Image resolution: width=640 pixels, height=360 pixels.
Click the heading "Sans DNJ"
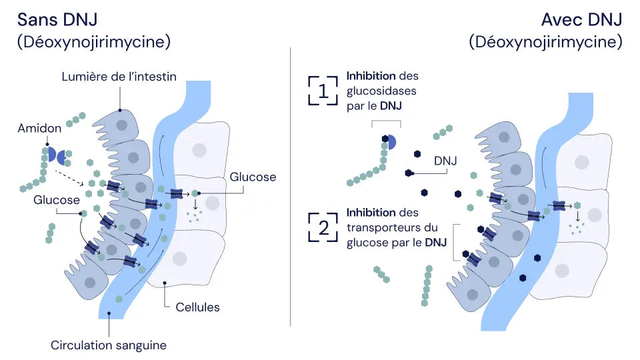(57, 19)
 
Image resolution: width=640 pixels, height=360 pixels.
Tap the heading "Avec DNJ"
(581, 19)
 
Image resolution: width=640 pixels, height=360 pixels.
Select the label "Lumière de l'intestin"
(119, 77)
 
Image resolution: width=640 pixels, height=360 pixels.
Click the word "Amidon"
(39, 128)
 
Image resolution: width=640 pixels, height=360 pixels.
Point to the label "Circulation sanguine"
(109, 345)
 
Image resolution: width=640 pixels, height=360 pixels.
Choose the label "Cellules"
(197, 307)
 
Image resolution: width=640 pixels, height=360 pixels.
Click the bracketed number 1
(323, 91)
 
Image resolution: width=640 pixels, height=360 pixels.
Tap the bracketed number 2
(323, 227)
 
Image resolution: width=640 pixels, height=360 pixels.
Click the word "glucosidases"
(381, 91)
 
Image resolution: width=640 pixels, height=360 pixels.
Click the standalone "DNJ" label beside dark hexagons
(445, 161)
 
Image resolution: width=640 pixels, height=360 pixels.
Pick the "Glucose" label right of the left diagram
(253, 177)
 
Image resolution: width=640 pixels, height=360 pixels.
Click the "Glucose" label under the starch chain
(57, 200)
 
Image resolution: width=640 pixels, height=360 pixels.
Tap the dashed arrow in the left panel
(69, 178)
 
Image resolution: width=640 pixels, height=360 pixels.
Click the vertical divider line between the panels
(290, 187)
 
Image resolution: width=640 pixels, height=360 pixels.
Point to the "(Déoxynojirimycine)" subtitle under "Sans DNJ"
(94, 42)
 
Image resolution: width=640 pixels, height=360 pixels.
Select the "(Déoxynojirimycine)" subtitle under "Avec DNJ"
(546, 42)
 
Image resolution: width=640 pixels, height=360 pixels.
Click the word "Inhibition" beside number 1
(371, 76)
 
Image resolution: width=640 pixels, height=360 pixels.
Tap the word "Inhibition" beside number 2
(371, 213)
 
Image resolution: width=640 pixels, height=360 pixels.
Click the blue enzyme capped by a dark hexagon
(391, 141)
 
